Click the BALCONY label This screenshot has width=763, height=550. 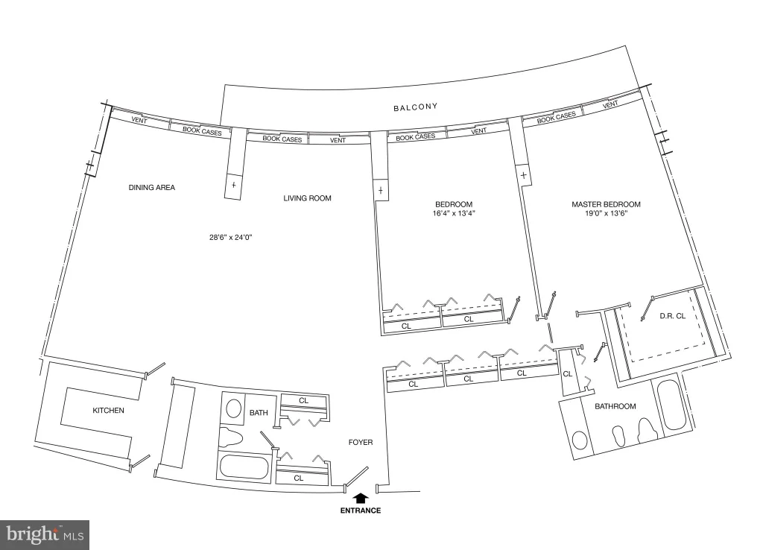[x=416, y=107]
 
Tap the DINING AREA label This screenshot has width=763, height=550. [x=152, y=187]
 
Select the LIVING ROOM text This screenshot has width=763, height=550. [x=308, y=198]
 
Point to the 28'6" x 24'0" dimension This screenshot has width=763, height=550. [x=231, y=238]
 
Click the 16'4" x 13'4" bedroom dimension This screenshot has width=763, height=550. [x=454, y=213]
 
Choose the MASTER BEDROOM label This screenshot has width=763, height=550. [x=607, y=204]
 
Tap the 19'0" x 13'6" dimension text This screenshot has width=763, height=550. [x=607, y=213]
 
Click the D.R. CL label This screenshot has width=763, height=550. [x=673, y=316]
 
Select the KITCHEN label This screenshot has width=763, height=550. [x=109, y=411]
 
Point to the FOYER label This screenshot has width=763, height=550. [x=361, y=442]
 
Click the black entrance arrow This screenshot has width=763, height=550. [x=360, y=498]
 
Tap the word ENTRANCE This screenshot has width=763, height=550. [x=361, y=511]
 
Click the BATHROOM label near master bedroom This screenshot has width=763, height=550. [x=615, y=406]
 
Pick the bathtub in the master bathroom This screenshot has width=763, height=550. [x=671, y=406]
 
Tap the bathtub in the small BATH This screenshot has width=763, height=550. [x=244, y=467]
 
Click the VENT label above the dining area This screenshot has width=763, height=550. [x=139, y=120]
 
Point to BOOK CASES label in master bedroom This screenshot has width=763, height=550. [x=556, y=117]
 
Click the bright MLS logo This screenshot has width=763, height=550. [x=45, y=535]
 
